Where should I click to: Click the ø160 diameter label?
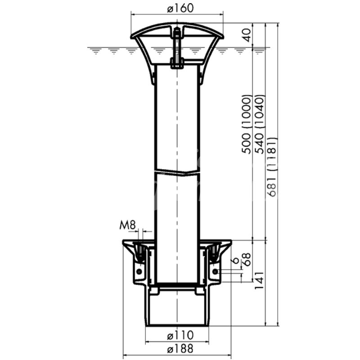click(x=180, y=9)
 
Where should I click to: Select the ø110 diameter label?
click(x=180, y=335)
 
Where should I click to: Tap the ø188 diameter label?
click(x=180, y=349)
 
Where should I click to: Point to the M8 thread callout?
click(x=128, y=225)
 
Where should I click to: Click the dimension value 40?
click(x=246, y=35)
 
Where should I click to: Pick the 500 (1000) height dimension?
click(x=247, y=124)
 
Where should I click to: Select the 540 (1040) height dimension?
click(x=260, y=124)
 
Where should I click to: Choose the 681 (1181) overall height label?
click(x=272, y=167)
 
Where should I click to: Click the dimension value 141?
click(x=260, y=280)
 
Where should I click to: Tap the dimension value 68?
click(x=247, y=260)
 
